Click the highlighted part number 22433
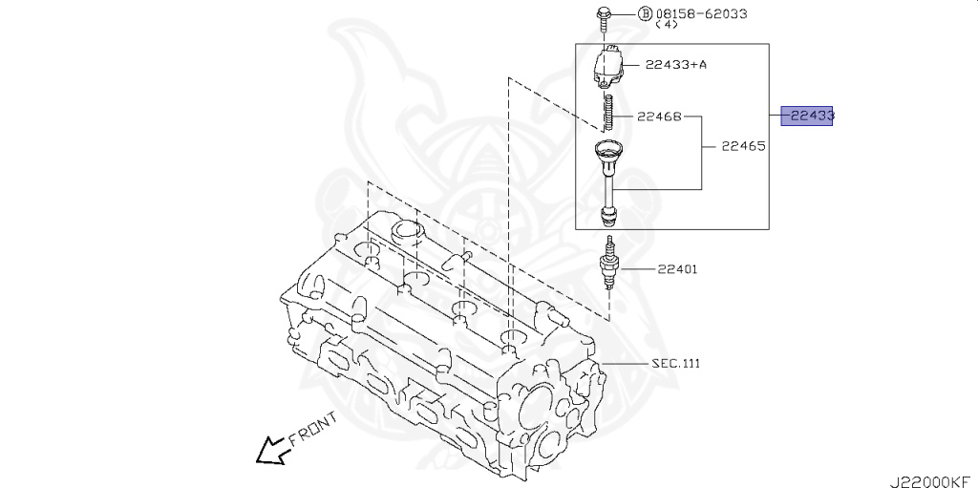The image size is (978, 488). (808, 116)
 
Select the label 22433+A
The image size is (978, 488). (677, 64)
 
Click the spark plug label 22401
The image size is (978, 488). (676, 269)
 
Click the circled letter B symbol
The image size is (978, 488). (617, 13)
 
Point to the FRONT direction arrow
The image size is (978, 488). (271, 450)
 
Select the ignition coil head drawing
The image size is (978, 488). (607, 68)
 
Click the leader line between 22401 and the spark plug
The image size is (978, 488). (634, 269)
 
